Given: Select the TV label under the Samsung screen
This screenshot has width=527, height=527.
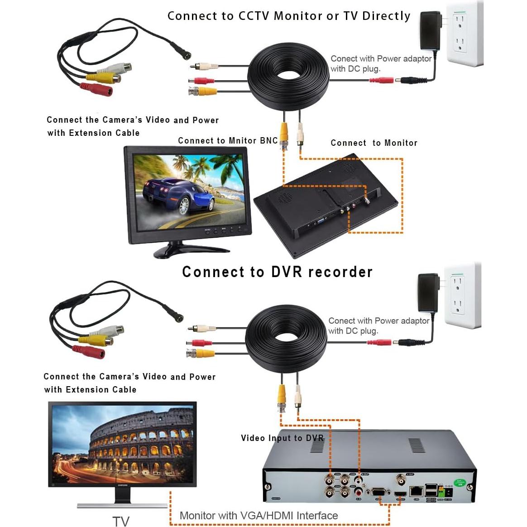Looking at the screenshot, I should click(120, 521).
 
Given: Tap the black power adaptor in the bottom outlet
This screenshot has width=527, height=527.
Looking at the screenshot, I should click(427, 292).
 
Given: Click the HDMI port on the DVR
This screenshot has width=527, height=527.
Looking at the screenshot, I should click(400, 493).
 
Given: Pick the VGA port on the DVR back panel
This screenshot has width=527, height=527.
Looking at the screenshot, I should click(379, 493).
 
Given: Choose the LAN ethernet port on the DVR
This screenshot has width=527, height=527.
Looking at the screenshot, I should click(416, 491).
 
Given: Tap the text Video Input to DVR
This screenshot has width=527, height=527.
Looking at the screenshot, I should click(282, 438).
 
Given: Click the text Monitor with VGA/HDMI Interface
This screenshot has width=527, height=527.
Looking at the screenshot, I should click(259, 515).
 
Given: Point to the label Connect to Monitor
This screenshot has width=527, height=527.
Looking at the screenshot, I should click(374, 143).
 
